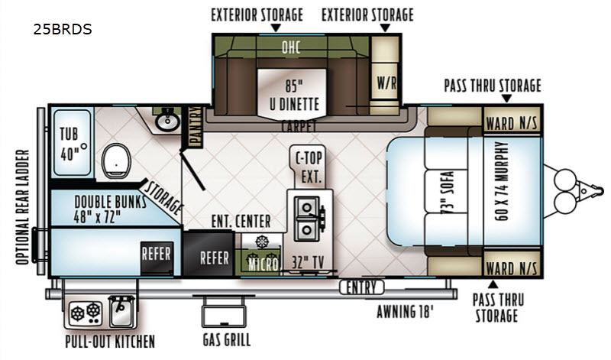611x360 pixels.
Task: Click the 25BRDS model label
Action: click(x=63, y=29)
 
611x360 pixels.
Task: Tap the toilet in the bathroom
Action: click(x=116, y=161)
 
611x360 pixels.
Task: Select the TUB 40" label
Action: click(x=71, y=144)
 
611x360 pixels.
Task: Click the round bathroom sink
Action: click(x=167, y=122)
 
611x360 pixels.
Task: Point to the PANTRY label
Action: click(x=195, y=127)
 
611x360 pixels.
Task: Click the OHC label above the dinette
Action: click(x=291, y=47)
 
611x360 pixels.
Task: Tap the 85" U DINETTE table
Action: click(x=292, y=93)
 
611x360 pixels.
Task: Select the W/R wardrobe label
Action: click(x=386, y=83)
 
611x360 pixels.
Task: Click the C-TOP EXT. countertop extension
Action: click(x=309, y=167)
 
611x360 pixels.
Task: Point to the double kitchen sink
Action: click(x=307, y=219)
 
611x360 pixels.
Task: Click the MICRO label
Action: click(x=263, y=264)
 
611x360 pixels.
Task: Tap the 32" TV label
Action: click(x=308, y=262)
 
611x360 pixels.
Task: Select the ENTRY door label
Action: click(x=361, y=287)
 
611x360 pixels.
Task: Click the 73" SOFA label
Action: click(x=447, y=193)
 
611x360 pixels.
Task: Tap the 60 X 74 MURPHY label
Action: click(x=502, y=181)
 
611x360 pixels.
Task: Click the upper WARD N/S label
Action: click(x=511, y=124)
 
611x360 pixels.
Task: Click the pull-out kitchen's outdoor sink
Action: click(x=122, y=311)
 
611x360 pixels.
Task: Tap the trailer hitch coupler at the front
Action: click(x=586, y=191)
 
